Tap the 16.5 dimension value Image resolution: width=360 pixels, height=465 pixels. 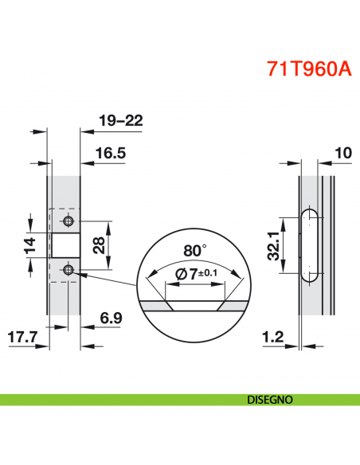point(110,153)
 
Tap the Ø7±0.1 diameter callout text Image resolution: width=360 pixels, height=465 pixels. point(195,274)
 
